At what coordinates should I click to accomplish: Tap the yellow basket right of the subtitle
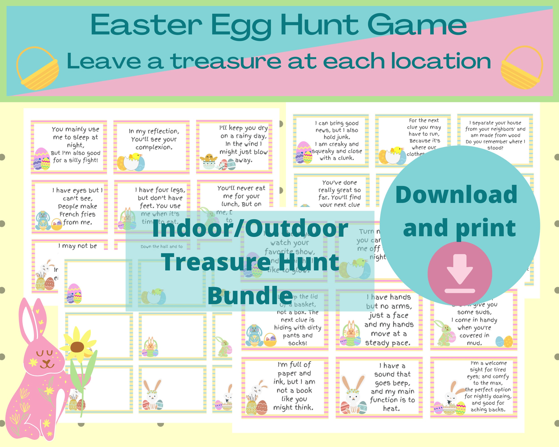pos(521,68)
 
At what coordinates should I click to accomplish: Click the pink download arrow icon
pos(460,274)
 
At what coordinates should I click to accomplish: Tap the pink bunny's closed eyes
pos(44,353)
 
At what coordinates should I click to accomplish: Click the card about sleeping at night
pos(69,147)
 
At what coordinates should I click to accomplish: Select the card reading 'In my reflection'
pos(152,147)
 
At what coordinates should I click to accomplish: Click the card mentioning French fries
pos(70,207)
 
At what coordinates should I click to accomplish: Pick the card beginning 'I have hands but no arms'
pos(379,320)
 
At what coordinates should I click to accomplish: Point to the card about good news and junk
pos(331,141)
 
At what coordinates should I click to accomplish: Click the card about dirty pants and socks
pos(285,320)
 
